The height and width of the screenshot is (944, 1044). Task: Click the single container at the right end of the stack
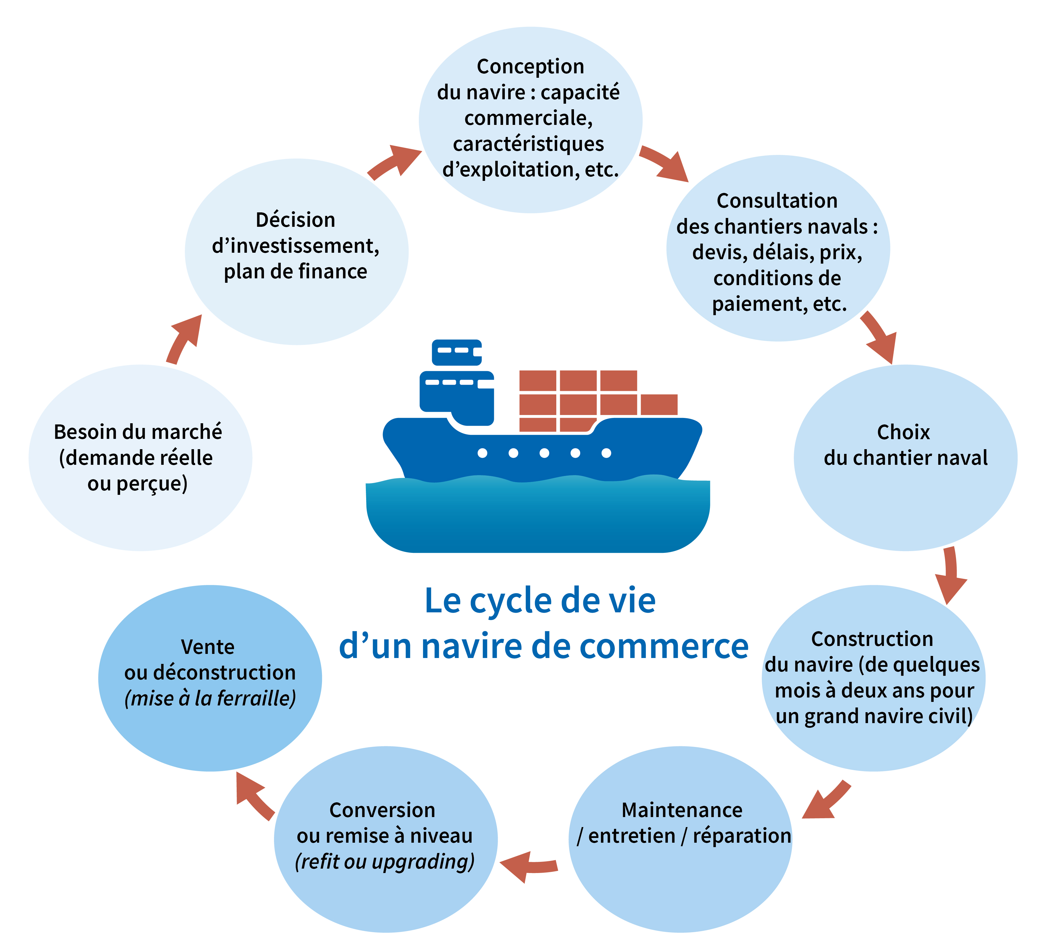tap(659, 404)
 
